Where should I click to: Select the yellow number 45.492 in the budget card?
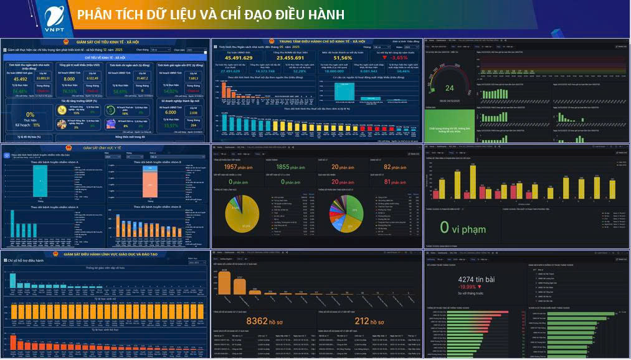coord(21,79)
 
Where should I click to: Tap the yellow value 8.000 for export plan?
coord(69,79)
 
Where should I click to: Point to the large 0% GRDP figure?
coord(30,115)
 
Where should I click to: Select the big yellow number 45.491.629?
coord(239,58)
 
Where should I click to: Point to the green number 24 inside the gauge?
coord(449,88)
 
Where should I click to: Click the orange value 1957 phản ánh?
coord(237,167)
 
